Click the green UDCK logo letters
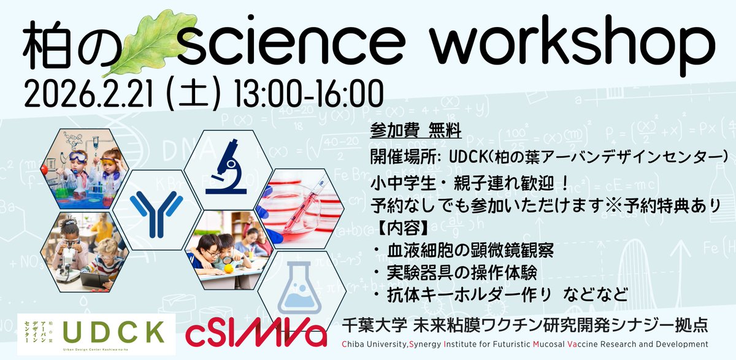coord(113,331)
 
